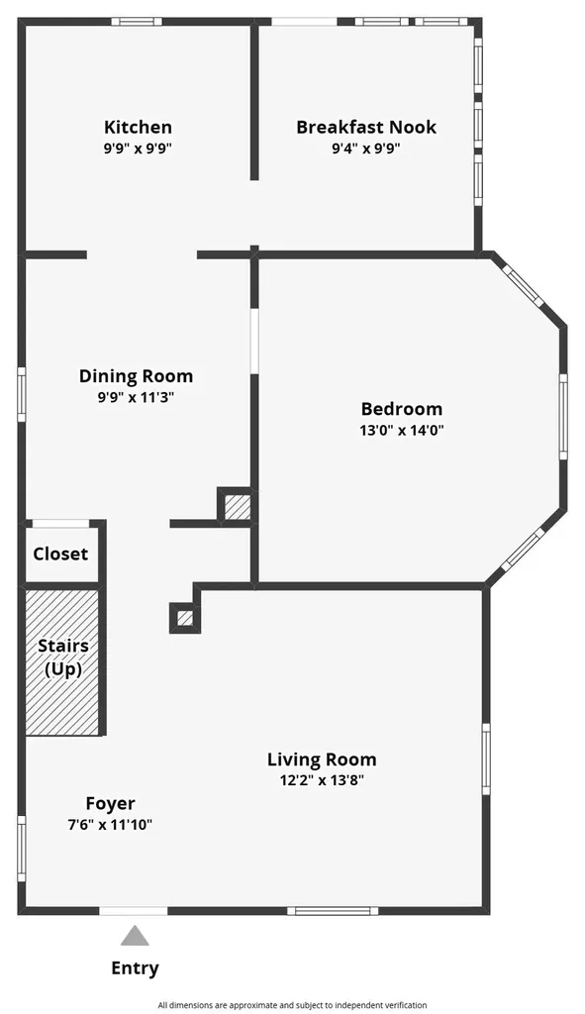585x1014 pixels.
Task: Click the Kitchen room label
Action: coord(138,127)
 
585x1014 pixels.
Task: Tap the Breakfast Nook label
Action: coord(366,127)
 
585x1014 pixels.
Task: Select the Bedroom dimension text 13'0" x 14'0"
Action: coord(402,430)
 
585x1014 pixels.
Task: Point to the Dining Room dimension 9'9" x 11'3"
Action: coord(136,397)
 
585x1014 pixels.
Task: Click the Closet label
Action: coord(60,555)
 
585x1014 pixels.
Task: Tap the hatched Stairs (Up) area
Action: coord(62,662)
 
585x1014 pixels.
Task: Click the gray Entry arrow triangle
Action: coord(135,936)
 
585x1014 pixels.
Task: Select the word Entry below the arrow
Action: coord(135,968)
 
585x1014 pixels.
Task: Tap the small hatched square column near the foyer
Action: coord(185,618)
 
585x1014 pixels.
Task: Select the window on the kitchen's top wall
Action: coord(137,22)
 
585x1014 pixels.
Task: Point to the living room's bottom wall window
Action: coord(333,911)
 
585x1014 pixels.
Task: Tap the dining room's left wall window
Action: coord(22,394)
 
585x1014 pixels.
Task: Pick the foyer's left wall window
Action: coord(22,849)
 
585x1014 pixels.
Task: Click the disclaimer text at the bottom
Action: coord(292,1005)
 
